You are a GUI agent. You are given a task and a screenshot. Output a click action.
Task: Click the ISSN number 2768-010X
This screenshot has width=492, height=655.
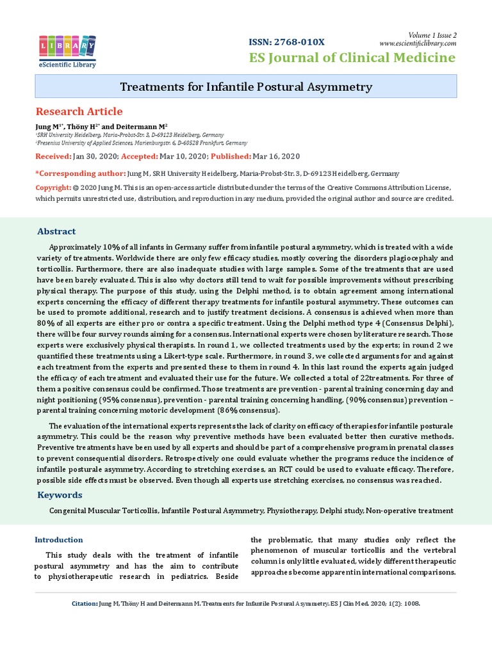tap(286, 42)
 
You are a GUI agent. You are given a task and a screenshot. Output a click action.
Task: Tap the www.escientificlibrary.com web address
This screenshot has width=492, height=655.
tap(418, 43)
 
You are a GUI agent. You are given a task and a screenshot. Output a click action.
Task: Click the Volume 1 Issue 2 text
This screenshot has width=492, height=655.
tap(432, 35)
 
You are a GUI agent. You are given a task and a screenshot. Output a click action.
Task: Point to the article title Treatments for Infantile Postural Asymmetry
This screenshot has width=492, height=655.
tap(246, 86)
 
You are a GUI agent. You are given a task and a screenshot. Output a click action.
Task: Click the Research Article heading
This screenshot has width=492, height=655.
tap(78, 111)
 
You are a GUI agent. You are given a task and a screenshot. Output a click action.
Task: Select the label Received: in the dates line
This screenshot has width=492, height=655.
tap(53, 156)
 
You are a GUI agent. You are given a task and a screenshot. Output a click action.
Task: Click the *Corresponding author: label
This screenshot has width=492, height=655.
tap(79, 173)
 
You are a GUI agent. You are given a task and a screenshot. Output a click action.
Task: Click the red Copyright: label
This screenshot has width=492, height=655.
tap(53, 187)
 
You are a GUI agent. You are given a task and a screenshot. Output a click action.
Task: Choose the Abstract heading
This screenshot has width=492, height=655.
tap(56, 232)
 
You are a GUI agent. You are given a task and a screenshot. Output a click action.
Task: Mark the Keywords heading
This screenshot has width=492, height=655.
tap(60, 495)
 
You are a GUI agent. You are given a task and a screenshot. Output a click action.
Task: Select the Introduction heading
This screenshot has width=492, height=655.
tap(58, 540)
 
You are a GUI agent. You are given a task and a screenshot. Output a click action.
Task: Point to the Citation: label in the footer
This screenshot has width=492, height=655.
tap(84, 603)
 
